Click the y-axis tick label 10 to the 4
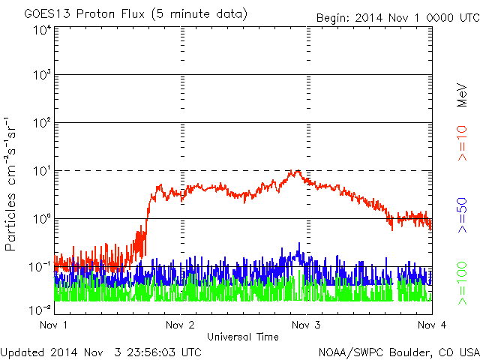pyautogui.click(x=42, y=30)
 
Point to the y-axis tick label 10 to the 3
pyautogui.click(x=42, y=76)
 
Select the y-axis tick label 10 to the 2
pyautogui.click(x=42, y=123)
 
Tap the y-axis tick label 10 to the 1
pyautogui.click(x=42, y=171)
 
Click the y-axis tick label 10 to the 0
pyautogui.click(x=42, y=219)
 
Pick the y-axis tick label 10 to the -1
pyautogui.click(x=40, y=266)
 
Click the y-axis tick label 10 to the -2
pyautogui.click(x=40, y=308)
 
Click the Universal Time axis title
pyautogui.click(x=244, y=337)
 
